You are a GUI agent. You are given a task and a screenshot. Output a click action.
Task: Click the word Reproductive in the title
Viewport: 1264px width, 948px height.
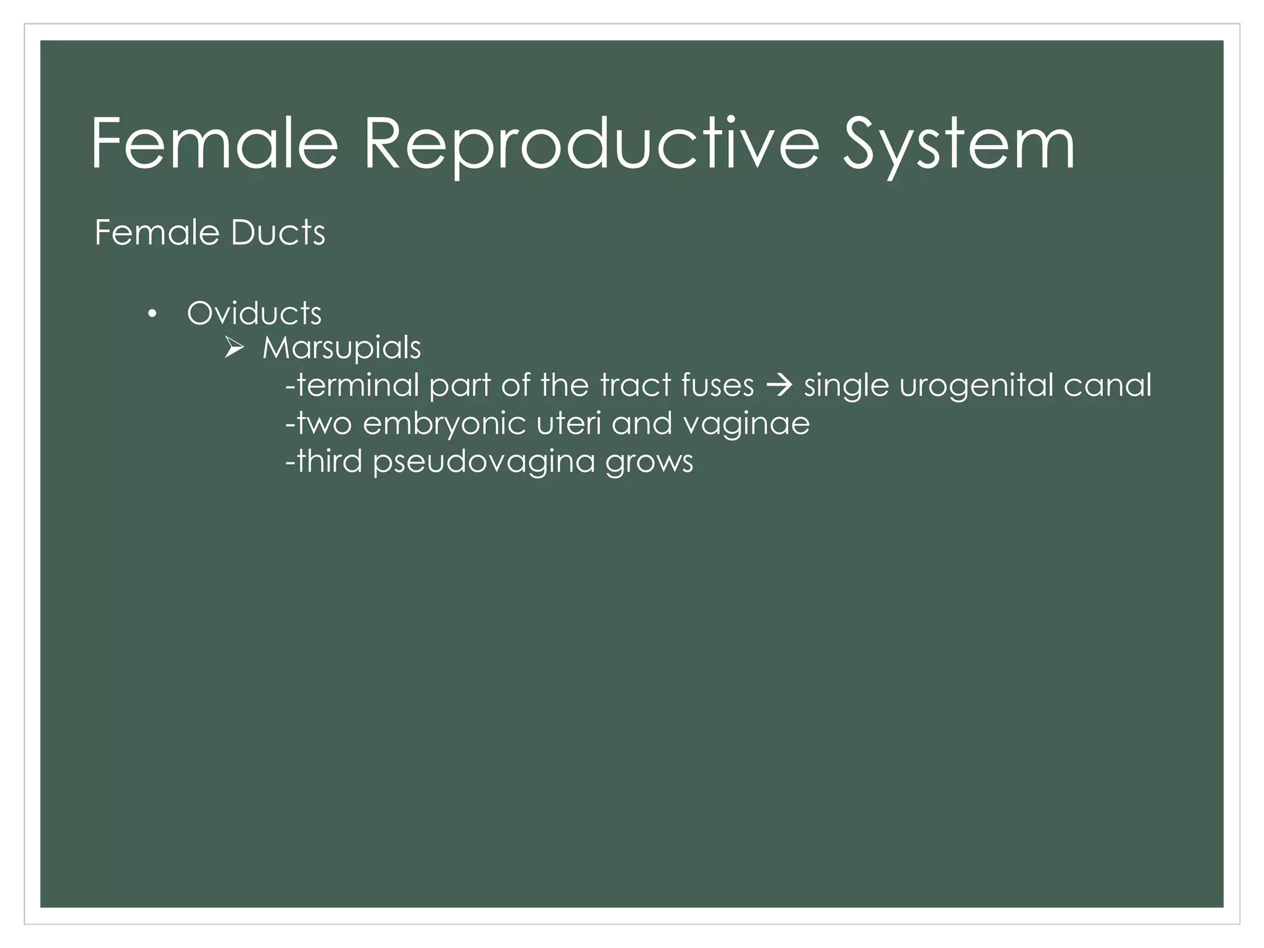(x=591, y=145)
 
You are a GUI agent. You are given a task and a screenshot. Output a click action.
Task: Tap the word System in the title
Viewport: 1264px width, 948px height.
(x=958, y=145)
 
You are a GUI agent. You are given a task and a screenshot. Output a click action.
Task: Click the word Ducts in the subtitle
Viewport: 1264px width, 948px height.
(x=277, y=233)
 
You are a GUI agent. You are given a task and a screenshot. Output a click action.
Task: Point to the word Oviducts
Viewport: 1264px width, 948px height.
(x=254, y=313)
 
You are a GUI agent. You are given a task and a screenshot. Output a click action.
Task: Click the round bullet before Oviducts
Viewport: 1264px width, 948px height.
(x=152, y=315)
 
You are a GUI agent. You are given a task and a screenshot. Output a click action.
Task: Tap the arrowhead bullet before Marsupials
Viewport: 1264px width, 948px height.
(x=235, y=349)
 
